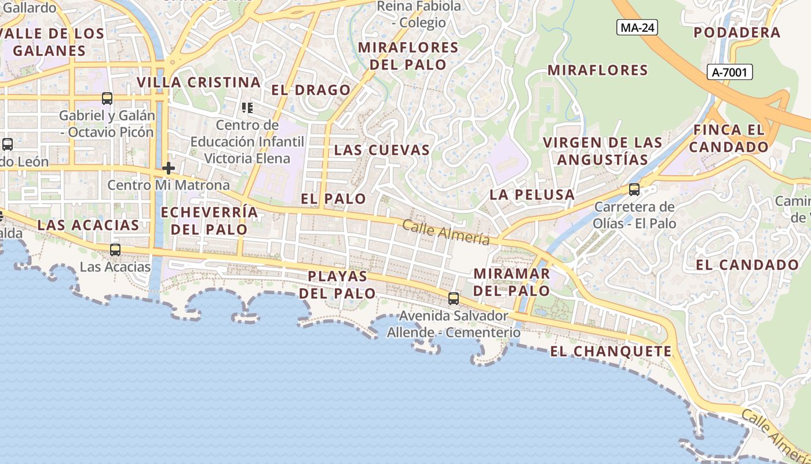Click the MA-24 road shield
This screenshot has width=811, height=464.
tap(637, 27)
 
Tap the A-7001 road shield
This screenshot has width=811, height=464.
tap(730, 72)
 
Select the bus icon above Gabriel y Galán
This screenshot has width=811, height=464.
tap(107, 99)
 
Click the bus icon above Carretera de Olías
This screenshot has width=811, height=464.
tap(634, 190)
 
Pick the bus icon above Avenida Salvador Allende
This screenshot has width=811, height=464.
tap(454, 299)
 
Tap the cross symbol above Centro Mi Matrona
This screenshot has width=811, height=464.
tap(169, 169)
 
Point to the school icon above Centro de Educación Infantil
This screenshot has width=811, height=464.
tap(247, 108)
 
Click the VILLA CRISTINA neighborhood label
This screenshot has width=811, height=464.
tap(199, 82)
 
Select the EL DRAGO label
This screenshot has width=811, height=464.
tap(311, 90)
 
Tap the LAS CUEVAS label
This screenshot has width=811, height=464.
tap(382, 150)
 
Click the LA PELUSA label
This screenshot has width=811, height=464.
tap(532, 195)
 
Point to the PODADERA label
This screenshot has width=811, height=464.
tap(737, 32)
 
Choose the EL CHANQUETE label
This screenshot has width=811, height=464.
tap(611, 351)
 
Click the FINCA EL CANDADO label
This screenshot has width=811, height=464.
tap(729, 138)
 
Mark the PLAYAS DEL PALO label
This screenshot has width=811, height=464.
tap(338, 284)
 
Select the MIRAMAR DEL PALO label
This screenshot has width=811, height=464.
tap(512, 281)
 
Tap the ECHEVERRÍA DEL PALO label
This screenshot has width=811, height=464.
tap(209, 220)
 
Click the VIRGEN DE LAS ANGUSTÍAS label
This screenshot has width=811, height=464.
tap(602, 151)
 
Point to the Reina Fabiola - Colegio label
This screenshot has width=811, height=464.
tap(419, 14)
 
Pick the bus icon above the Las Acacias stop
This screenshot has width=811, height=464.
tap(115, 250)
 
